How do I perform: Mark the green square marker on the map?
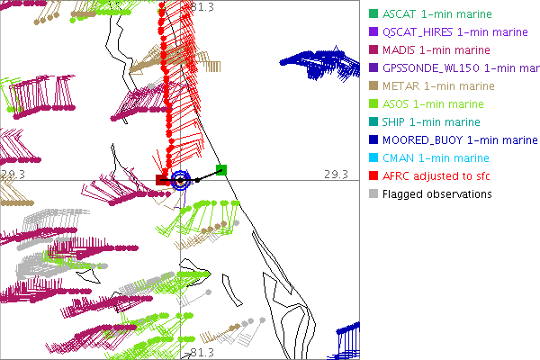pyautogui.click(x=221, y=170)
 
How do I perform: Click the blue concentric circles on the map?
pyautogui.click(x=180, y=180)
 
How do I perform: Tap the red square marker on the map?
pyautogui.click(x=162, y=180)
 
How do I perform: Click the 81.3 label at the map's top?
pyautogui.click(x=202, y=7)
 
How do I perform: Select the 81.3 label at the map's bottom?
pyautogui.click(x=202, y=352)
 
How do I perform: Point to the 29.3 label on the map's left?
pyautogui.click(x=12, y=174)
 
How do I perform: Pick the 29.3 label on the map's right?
pyautogui.click(x=335, y=174)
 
